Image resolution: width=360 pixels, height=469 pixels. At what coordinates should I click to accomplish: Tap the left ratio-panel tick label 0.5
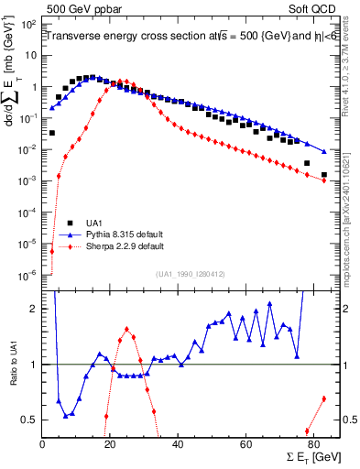29,420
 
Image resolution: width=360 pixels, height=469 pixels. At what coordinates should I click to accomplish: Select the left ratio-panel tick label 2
34,309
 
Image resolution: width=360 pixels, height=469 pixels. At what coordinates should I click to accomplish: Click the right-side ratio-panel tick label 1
344,365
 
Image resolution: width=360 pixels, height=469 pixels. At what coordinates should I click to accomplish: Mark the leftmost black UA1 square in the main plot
52,133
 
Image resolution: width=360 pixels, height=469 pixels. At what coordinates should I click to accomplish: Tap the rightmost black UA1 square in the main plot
324,174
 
